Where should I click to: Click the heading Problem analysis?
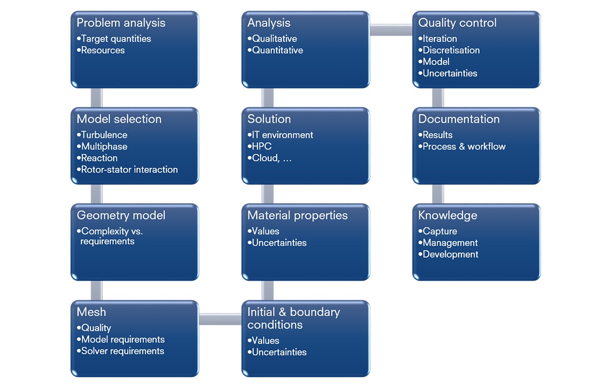click(121, 23)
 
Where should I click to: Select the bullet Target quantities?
click(114, 39)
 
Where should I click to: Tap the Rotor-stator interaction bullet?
click(127, 170)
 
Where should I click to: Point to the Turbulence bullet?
click(102, 135)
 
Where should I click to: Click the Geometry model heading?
click(121, 215)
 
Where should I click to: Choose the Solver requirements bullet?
click(121, 351)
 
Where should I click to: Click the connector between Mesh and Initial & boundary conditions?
click(220, 320)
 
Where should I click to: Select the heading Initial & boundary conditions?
click(294, 318)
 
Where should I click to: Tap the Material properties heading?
click(297, 215)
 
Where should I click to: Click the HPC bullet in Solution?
click(259, 147)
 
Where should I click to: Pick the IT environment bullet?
click(280, 135)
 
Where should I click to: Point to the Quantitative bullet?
click(275, 50)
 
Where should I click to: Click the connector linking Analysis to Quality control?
click(391, 30)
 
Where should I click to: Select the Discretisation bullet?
click(449, 50)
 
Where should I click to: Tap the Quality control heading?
click(458, 23)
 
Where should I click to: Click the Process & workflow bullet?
click(462, 147)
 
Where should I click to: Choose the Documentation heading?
click(459, 119)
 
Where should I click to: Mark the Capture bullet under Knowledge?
click(438, 231)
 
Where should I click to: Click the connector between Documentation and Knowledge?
click(438, 194)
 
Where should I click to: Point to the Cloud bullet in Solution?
click(270, 158)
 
